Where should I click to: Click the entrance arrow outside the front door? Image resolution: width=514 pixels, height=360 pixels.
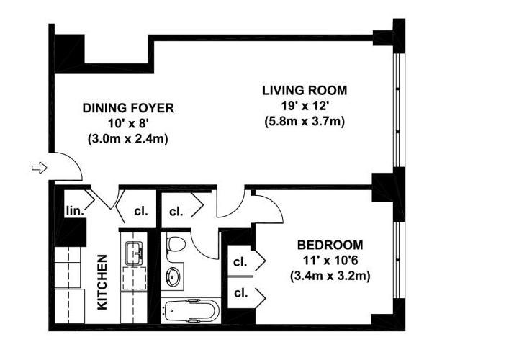[x=40, y=168]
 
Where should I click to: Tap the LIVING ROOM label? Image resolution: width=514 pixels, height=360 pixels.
[x=305, y=91]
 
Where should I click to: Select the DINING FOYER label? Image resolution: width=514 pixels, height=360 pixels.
[x=128, y=108]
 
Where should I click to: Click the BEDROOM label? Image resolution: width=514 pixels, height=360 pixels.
[x=330, y=245]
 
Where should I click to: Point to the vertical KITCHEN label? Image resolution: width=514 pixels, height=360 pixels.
[x=102, y=282]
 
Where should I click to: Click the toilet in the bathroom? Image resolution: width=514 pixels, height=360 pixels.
[x=176, y=245]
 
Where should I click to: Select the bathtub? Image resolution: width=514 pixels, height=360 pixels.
[x=191, y=310]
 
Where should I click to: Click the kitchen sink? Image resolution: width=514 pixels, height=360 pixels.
[x=135, y=253]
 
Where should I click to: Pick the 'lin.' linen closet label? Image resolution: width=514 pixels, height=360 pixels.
[x=75, y=210]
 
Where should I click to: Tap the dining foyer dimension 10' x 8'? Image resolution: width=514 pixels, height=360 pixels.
[x=128, y=123]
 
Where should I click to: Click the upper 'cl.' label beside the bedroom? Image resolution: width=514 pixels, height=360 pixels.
[x=240, y=261]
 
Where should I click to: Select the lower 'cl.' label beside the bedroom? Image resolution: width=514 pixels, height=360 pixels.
[x=241, y=293]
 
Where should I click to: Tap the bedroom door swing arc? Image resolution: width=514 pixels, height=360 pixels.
[x=275, y=204]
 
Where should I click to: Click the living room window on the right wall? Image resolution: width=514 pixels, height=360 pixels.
[x=397, y=110]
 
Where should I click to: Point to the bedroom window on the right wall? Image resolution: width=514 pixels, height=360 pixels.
[x=397, y=261]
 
